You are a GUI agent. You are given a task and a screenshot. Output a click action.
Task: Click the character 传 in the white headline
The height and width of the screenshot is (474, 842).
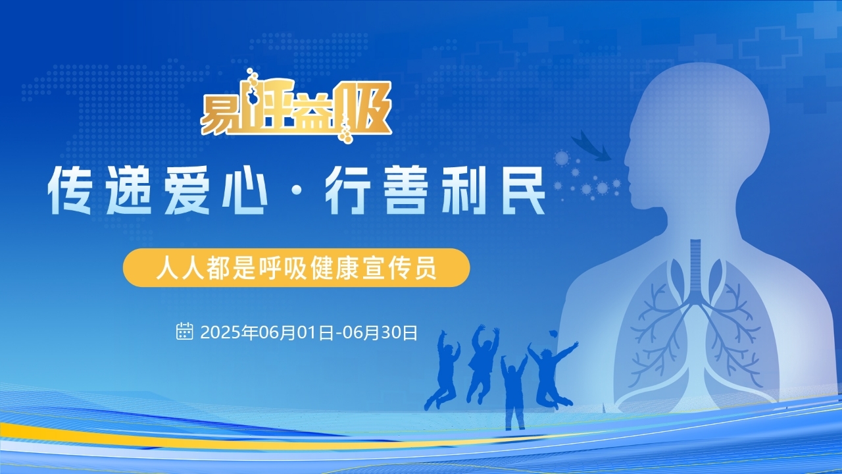point(70,190)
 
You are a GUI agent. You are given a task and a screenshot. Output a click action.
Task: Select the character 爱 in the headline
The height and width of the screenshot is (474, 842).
point(187,190)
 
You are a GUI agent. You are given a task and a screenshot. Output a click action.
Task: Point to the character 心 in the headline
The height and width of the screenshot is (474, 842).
point(245,190)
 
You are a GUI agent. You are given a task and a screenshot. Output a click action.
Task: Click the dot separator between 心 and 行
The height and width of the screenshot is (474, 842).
point(297,191)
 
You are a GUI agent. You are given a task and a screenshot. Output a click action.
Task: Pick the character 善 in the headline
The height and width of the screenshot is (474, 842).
point(405,190)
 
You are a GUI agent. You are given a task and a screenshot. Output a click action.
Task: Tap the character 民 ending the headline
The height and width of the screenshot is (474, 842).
point(522,190)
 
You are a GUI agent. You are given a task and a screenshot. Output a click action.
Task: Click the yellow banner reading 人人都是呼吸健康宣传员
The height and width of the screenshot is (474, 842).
point(296,267)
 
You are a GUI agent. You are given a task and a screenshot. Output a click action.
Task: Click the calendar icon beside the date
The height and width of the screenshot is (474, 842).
point(185,331)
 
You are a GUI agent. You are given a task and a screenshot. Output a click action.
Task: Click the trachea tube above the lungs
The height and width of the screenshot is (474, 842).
point(696,269)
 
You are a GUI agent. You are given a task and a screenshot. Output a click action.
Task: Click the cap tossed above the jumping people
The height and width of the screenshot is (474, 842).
point(553,334)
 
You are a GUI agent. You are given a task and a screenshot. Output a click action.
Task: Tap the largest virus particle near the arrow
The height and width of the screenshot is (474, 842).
point(562,158)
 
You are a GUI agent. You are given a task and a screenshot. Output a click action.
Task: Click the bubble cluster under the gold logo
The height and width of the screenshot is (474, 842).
point(346,132)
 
